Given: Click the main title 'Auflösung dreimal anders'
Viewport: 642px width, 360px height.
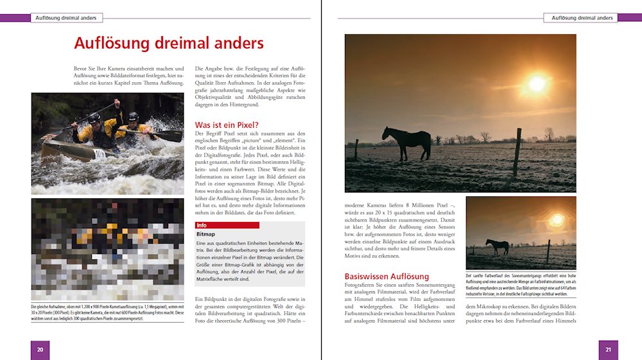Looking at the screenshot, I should pyautogui.click(x=168, y=43).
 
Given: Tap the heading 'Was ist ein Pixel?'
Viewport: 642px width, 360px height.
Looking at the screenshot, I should pyautogui.click(x=227, y=124).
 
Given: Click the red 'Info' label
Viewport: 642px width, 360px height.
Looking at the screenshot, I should pyautogui.click(x=202, y=225).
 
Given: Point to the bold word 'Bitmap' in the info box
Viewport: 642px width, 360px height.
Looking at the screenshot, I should pyautogui.click(x=205, y=234).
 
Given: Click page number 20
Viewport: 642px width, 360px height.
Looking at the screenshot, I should pyautogui.click(x=40, y=350).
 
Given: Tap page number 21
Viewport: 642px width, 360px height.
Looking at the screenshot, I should pyautogui.click(x=608, y=350).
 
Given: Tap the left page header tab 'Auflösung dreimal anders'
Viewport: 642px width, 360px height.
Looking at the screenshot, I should pyautogui.click(x=66, y=18).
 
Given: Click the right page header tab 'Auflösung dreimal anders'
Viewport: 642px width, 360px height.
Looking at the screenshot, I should pyautogui.click(x=582, y=18).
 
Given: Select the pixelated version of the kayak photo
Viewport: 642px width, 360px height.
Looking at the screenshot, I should pyautogui.click(x=107, y=249).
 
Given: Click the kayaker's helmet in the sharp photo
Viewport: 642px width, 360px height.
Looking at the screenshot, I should pyautogui.click(x=132, y=116).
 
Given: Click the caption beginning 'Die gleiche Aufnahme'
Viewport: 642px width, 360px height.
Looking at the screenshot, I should pyautogui.click(x=107, y=314).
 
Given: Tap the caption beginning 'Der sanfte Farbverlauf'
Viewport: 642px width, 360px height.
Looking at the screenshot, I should pyautogui.click(x=521, y=285).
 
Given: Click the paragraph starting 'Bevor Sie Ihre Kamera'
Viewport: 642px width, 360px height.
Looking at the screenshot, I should pyautogui.click(x=107, y=76).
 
